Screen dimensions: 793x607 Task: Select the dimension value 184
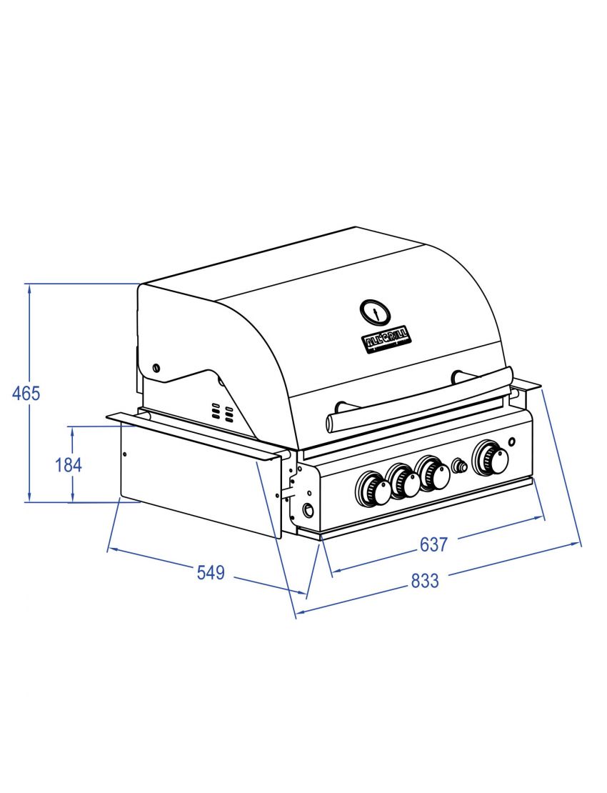(x=69, y=465)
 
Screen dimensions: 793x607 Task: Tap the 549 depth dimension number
(x=211, y=573)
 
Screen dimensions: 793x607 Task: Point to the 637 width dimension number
(x=433, y=544)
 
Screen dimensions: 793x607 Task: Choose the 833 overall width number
(x=425, y=581)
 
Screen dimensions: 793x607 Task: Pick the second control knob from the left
(x=404, y=482)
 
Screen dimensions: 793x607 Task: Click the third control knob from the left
(x=432, y=473)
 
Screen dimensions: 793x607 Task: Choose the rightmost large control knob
(x=491, y=458)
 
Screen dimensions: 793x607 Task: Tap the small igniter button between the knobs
(x=461, y=467)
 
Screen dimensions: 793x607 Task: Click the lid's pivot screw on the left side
(x=156, y=368)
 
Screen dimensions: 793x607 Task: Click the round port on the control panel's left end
(x=308, y=510)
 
